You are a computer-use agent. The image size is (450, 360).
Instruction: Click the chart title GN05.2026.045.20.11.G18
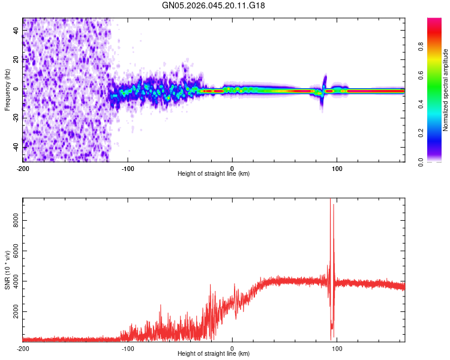214,5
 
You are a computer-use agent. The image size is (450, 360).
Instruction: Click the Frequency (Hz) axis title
7,89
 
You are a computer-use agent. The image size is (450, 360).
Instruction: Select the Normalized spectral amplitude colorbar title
445,90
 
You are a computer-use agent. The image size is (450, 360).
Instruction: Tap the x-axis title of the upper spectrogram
214,173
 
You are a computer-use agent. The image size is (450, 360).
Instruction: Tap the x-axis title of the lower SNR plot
214,353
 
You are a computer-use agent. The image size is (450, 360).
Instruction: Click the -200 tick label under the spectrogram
23,168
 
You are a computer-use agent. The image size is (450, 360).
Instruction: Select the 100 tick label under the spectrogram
337,168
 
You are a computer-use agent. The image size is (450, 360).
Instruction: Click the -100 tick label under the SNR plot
127,348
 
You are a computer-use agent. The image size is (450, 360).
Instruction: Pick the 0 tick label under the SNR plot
232,348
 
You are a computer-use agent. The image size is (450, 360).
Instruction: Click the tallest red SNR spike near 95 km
330,201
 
